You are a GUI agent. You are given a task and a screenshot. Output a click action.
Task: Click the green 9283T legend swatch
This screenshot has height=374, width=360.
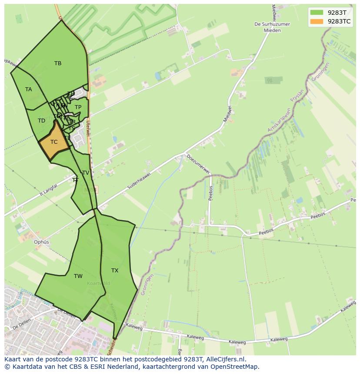(317, 13)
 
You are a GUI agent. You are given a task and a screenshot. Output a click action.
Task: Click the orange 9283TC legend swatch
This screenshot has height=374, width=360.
(317, 21)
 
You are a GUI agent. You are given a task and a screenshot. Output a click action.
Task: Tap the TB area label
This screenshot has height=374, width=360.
(58, 63)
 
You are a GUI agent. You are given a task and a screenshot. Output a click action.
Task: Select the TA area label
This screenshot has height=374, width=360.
(29, 89)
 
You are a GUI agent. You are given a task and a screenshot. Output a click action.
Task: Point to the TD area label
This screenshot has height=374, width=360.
(41, 121)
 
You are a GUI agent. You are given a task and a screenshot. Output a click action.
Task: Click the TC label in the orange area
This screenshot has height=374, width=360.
(54, 142)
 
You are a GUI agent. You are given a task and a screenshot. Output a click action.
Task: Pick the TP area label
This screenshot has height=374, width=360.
(78, 107)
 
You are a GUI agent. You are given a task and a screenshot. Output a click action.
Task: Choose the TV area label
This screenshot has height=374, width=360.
(86, 173)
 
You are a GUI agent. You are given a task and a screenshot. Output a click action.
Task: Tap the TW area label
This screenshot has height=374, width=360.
(78, 276)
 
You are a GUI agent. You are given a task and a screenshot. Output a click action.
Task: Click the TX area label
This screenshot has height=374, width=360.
(115, 271)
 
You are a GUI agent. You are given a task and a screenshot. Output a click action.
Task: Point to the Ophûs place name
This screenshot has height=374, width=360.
(42, 242)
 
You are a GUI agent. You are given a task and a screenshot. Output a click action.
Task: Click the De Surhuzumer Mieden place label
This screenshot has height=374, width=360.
(272, 27)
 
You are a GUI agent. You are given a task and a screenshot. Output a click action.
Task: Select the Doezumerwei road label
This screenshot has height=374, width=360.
(198, 164)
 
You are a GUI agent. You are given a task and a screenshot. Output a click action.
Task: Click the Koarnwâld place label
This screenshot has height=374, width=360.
(98, 283)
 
